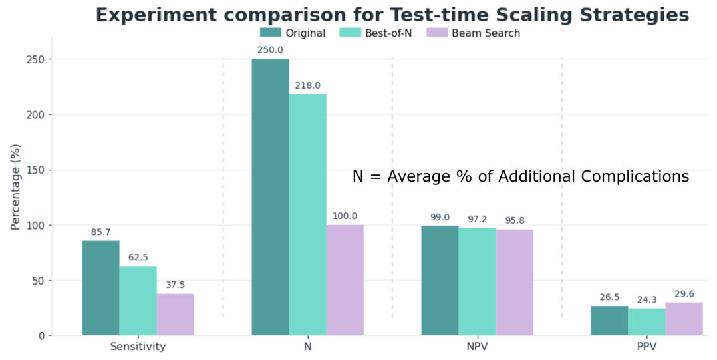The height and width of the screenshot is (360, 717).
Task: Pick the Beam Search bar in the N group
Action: [x=345, y=279]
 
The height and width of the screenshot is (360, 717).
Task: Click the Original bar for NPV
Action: [x=440, y=280]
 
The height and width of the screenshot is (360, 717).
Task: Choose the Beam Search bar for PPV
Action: [x=684, y=319]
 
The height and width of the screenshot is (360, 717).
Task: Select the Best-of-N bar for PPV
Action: [x=646, y=321]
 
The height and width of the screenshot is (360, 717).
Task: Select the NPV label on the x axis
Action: [x=476, y=347]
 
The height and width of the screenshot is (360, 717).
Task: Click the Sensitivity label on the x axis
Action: [x=138, y=347]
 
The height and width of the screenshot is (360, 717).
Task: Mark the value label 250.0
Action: [x=270, y=49]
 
